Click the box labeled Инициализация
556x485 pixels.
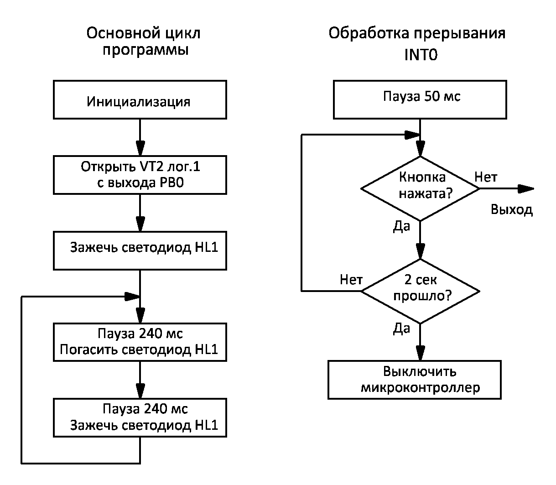pyautogui.click(x=140, y=100)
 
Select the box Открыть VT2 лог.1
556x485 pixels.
pyautogui.click(x=140, y=175)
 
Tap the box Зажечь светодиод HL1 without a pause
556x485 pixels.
pyautogui.click(x=140, y=250)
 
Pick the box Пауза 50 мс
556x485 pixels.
pyautogui.click(x=420, y=100)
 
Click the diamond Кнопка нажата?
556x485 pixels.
pyautogui.click(x=420, y=188)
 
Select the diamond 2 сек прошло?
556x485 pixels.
pyautogui.click(x=420, y=290)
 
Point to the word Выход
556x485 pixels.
pyautogui.click(x=511, y=210)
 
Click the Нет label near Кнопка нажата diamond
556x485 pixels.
pyautogui.click(x=486, y=177)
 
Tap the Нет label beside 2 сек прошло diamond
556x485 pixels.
pyautogui.click(x=351, y=279)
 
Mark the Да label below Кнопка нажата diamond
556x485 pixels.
pyautogui.click(x=401, y=226)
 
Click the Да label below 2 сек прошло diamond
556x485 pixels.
pyautogui.click(x=401, y=329)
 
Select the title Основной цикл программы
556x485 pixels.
pyautogui.click(x=144, y=42)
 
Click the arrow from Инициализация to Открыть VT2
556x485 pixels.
pyautogui.click(x=140, y=137)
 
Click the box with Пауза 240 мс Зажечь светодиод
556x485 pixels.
pyautogui.click(x=140, y=417)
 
